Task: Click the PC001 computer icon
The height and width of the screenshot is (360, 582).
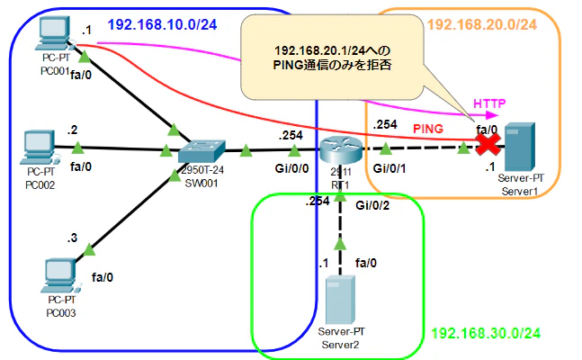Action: tap(54, 33)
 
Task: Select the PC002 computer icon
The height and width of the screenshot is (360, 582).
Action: tap(40, 148)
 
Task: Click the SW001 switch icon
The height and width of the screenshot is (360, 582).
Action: tap(201, 151)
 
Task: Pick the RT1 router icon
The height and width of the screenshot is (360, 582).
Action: tap(340, 149)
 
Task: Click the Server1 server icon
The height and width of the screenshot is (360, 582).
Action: tap(520, 147)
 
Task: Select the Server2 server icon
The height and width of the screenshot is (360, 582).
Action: tap(340, 300)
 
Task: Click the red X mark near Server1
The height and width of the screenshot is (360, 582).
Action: tap(488, 144)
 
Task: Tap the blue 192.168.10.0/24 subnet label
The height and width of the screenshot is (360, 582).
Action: tap(162, 25)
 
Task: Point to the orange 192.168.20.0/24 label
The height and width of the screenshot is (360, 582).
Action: tap(482, 25)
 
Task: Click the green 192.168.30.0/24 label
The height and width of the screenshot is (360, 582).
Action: tap(486, 333)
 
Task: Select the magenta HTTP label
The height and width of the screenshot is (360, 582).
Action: tap(489, 103)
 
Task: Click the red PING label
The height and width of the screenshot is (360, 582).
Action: tap(428, 129)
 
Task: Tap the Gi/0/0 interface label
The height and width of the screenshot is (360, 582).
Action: tap(291, 168)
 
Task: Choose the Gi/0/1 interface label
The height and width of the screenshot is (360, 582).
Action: tap(389, 168)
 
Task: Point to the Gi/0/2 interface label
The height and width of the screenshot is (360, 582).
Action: tap(372, 205)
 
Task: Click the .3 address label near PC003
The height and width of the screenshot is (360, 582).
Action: tap(72, 238)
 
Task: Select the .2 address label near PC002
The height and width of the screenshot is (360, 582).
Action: tap(72, 130)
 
